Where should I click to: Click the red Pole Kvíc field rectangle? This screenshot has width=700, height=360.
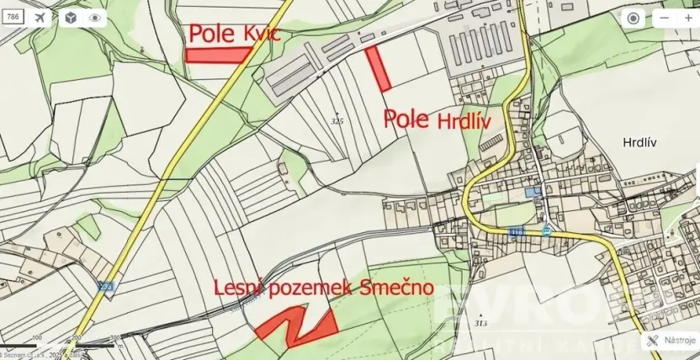(218, 55)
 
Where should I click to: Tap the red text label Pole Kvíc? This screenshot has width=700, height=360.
(233, 34)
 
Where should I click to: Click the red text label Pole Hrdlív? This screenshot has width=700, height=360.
(437, 119)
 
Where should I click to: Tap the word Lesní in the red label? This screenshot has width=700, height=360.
(239, 289)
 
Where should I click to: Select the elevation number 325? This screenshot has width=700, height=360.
(338, 121)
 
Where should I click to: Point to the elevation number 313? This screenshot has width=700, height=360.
(480, 323)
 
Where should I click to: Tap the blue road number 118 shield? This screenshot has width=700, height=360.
(515, 230)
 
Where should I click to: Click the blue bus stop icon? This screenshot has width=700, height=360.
(547, 230)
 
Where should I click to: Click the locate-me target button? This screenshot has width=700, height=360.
(634, 19)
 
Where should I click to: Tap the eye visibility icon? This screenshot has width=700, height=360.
(96, 18)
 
